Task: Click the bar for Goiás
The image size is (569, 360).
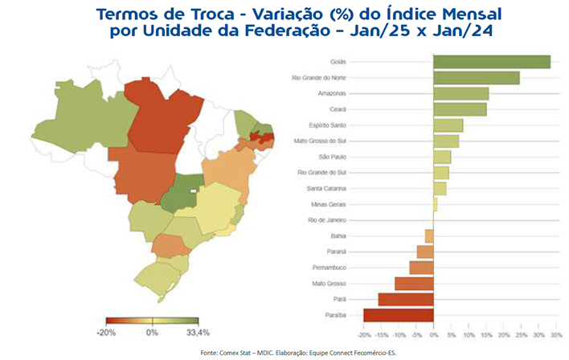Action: [491, 62]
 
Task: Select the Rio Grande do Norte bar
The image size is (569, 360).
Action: [476, 78]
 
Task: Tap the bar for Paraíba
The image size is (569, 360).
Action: [399, 315]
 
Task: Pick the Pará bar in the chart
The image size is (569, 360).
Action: [406, 300]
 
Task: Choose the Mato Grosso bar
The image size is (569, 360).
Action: [414, 284]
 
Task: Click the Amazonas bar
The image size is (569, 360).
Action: [461, 94]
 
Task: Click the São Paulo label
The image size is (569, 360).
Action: [333, 157]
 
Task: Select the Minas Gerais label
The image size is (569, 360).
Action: [330, 204]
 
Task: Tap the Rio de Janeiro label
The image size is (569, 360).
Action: [328, 220]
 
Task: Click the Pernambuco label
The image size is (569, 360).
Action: [330, 268]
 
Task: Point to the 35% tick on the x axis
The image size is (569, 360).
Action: [556, 334]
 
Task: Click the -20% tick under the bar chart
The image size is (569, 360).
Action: [363, 334]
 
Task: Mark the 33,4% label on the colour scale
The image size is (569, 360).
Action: [198, 331]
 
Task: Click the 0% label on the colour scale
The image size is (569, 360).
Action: [152, 331]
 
